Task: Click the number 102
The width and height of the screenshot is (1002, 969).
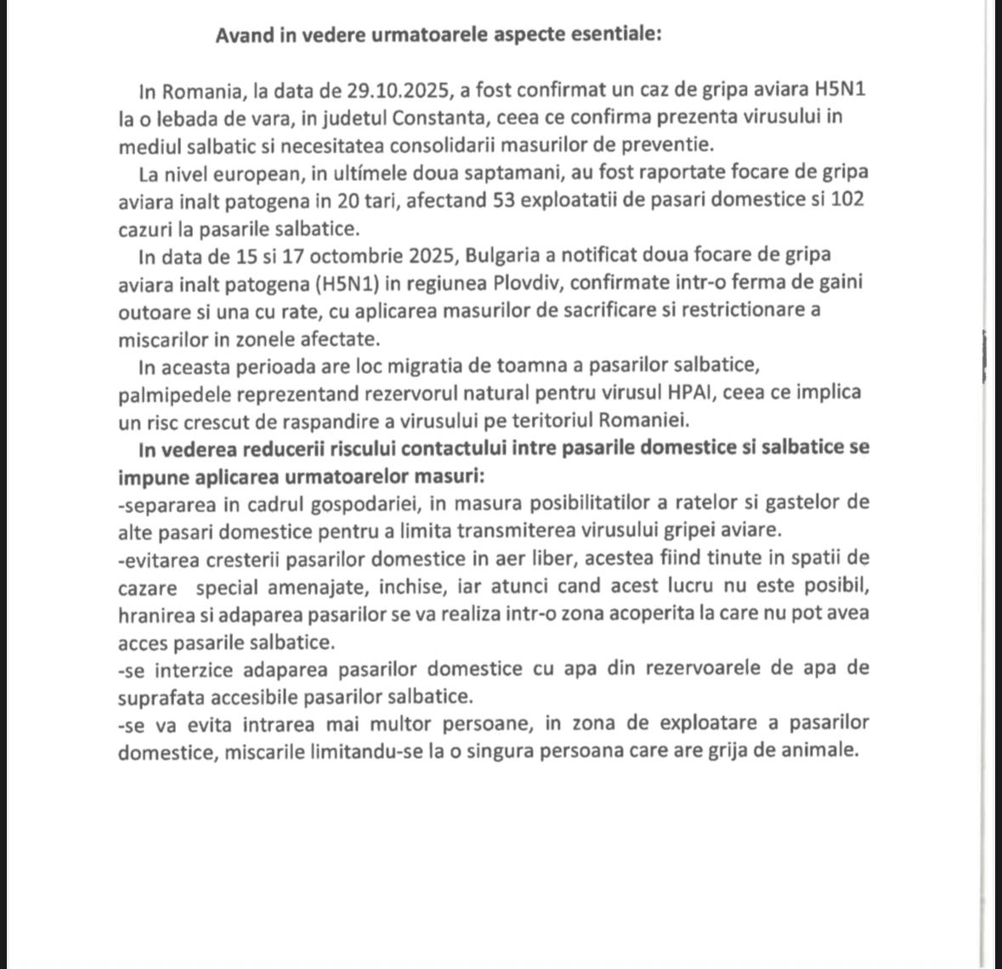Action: [x=850, y=201]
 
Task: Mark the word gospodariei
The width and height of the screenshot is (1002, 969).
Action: [x=363, y=503]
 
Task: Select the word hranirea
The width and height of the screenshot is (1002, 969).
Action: [x=156, y=614]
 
